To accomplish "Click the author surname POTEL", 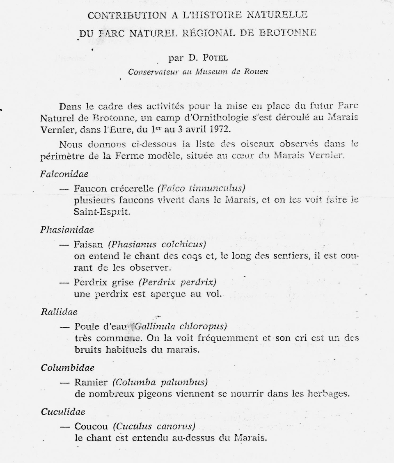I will (x=214, y=58).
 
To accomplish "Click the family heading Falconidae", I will (x=64, y=174).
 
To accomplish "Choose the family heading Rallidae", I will (x=59, y=312).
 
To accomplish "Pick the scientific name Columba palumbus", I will (x=160, y=383).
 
